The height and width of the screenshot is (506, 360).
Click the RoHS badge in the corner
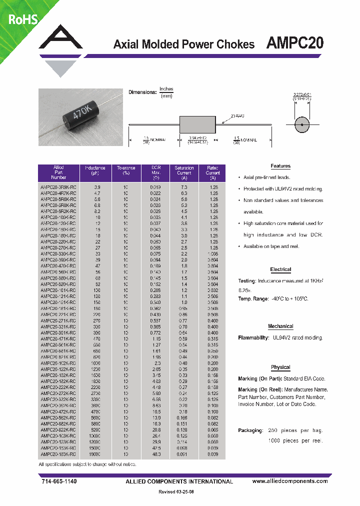coord(20,19)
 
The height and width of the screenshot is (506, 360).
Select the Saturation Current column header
coord(184,172)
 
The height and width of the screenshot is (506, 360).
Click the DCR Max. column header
coord(155,172)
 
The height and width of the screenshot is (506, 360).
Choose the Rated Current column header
coord(212,172)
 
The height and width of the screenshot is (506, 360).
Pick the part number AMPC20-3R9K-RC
coord(58,186)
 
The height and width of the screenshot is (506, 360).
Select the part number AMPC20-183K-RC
coord(58,454)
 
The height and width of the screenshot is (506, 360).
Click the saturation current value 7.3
coord(184,186)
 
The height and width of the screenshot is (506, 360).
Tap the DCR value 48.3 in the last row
coord(155,454)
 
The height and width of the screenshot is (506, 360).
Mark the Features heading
coord(280,166)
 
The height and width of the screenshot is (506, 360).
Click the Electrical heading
coord(280,269)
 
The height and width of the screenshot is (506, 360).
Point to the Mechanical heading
coord(280,326)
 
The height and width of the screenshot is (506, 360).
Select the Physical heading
coord(280,367)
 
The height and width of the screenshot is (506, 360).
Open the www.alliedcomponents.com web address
coord(290,481)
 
